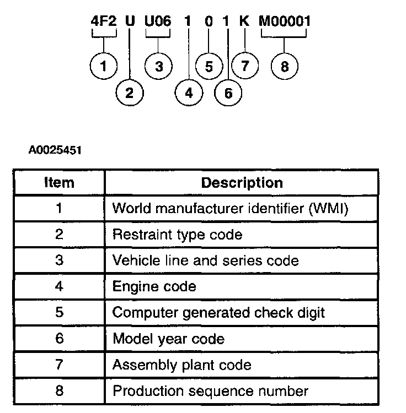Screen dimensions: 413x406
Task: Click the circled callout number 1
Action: click(104, 67)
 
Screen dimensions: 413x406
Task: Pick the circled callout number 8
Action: click(284, 67)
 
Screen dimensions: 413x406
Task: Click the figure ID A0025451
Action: click(55, 150)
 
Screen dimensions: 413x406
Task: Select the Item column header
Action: click(59, 183)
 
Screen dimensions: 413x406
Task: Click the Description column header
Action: click(242, 183)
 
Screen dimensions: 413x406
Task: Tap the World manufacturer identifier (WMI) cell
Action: click(231, 209)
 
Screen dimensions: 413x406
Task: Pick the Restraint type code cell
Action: click(177, 235)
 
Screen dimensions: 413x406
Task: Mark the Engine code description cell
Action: click(154, 286)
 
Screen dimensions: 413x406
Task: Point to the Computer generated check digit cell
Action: click(218, 312)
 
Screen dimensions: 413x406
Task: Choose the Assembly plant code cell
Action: click(181, 365)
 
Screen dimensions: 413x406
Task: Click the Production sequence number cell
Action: click(210, 391)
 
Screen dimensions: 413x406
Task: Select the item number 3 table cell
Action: click(59, 260)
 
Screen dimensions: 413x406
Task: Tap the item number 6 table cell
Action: click(59, 339)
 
